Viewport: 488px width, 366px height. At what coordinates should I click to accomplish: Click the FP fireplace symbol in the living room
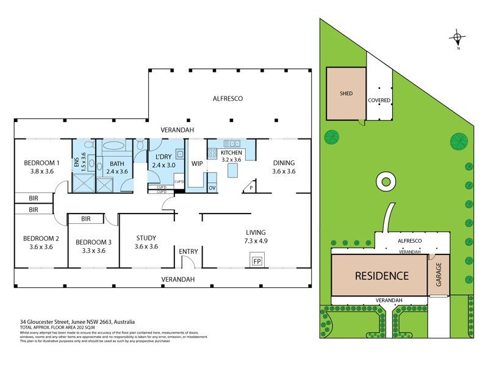click(257, 261)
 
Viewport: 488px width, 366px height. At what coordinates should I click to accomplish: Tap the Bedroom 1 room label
click(41, 163)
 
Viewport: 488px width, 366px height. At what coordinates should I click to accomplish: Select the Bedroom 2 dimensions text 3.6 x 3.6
click(41, 247)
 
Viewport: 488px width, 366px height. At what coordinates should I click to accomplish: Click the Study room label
click(146, 238)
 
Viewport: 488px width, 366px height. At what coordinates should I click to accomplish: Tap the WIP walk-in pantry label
click(196, 163)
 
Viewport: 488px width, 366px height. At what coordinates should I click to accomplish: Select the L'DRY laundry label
click(162, 157)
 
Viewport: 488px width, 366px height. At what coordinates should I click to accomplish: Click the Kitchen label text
click(232, 152)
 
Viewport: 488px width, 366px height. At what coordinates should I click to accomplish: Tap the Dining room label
click(284, 163)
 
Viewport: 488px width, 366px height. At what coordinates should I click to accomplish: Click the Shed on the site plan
click(346, 94)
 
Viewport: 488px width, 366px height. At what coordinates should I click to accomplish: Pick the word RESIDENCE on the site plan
click(382, 275)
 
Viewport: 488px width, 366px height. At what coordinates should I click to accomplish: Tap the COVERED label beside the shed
click(379, 100)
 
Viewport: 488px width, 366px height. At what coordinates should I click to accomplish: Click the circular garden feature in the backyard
click(384, 181)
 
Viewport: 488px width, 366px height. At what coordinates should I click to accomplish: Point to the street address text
click(77, 321)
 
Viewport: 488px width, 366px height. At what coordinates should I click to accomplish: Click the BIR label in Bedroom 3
click(86, 218)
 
